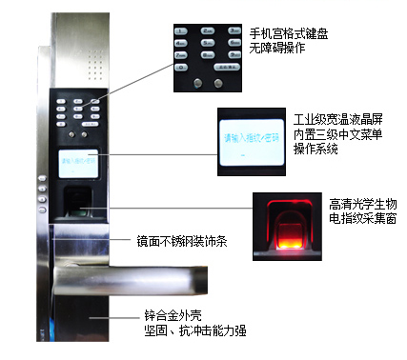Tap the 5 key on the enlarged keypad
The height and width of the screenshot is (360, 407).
(207, 43)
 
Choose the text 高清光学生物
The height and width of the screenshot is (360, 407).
(359, 203)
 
